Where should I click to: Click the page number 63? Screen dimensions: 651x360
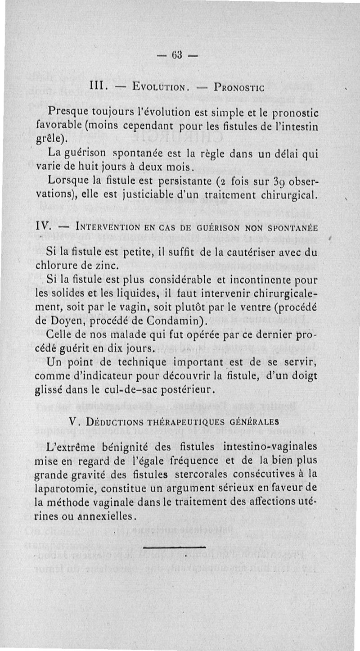[x=177, y=57]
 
